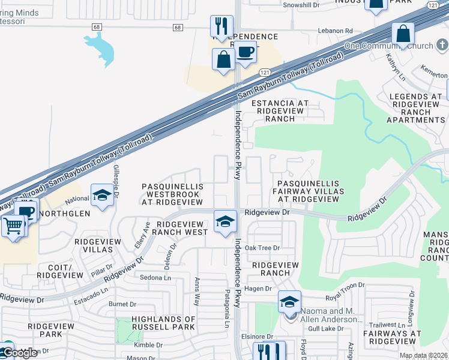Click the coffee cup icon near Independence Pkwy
[x=244, y=53]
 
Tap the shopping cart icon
[x=13, y=227]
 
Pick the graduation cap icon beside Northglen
[x=102, y=196]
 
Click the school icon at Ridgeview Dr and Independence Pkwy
[x=225, y=221]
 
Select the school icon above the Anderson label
[x=289, y=302]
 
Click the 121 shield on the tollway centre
[x=265, y=72]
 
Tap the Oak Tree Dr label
[x=258, y=248]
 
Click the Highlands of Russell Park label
[x=163, y=323]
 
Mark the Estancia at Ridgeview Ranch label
[x=280, y=111]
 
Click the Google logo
[x=19, y=353]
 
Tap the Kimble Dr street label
[x=148, y=345]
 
